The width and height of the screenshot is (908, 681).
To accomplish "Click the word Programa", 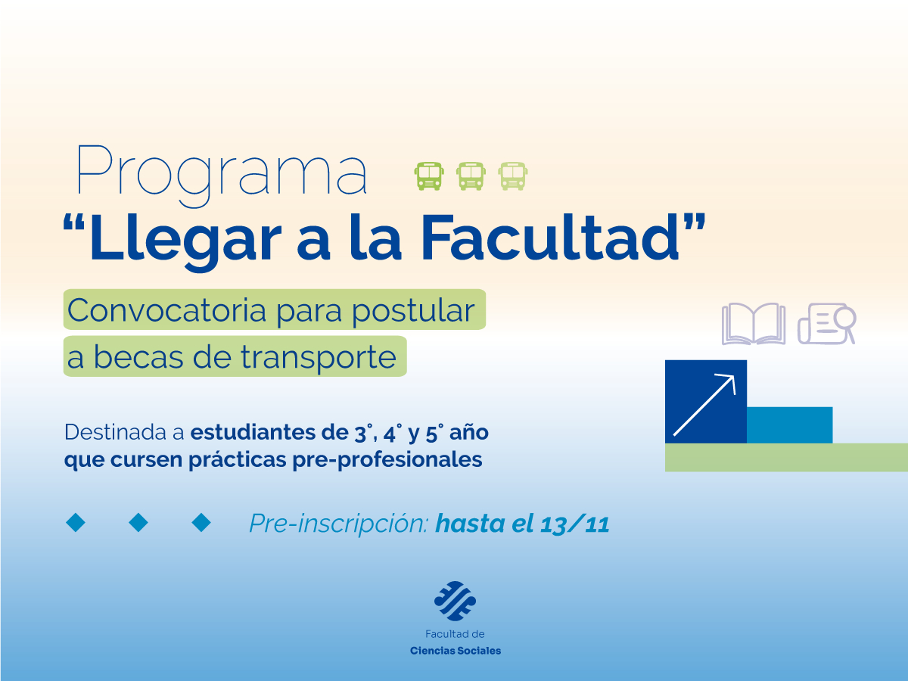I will point(222,173).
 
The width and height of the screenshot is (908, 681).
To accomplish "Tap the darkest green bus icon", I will point(429,176).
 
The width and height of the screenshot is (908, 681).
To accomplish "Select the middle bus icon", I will point(471,176).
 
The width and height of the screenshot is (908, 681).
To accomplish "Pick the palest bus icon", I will point(513,176).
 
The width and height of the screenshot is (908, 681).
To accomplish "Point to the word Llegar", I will point(189,238).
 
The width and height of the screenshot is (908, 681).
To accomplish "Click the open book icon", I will point(753,324).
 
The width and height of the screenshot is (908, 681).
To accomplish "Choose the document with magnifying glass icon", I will point(826,324).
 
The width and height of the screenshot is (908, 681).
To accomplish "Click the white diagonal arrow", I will point(704,404).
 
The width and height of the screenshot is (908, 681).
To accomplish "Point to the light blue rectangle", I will point(789,424).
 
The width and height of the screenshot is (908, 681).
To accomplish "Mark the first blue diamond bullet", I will point(76,522).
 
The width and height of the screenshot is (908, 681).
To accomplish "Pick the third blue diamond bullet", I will point(201,522).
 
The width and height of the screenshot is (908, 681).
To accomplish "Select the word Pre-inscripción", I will point(337,524).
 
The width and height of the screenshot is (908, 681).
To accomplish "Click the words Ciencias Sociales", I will point(455,651).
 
